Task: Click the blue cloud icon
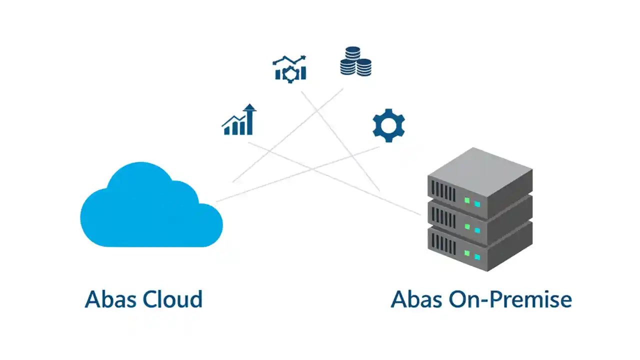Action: pyautogui.click(x=150, y=210)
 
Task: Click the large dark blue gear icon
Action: pyautogui.click(x=388, y=125)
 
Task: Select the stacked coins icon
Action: pyautogui.click(x=355, y=61)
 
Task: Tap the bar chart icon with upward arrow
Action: pyautogui.click(x=239, y=120)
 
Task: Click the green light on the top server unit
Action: pyautogui.click(x=467, y=200)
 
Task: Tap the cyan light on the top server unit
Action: pyautogui.click(x=477, y=204)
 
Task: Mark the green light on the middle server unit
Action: pyautogui.click(x=467, y=226)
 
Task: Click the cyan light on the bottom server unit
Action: pyautogui.click(x=477, y=256)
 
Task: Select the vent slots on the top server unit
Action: pyautogui.click(x=443, y=191)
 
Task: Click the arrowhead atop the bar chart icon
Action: pyautogui.click(x=250, y=107)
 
